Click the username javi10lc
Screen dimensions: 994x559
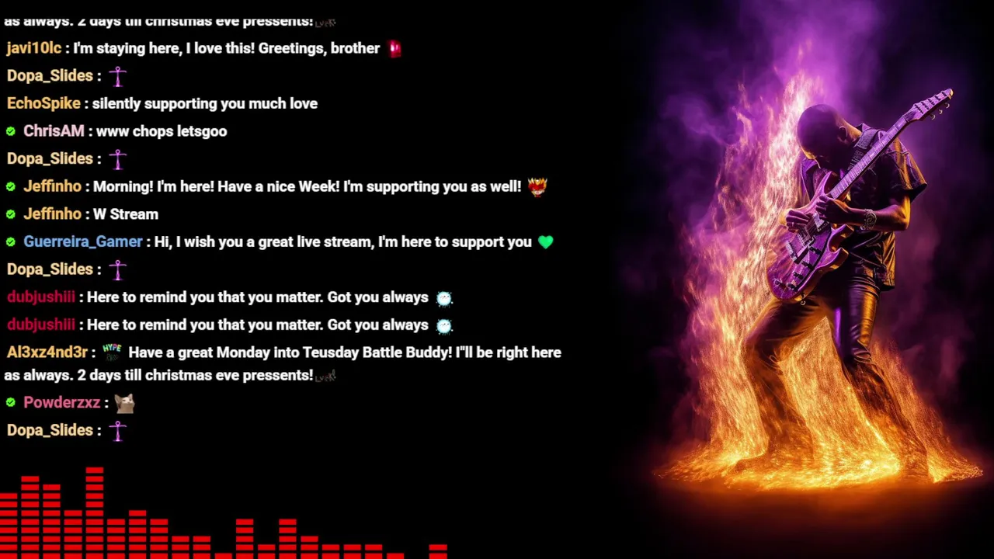point(34,48)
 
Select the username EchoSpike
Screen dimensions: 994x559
point(43,103)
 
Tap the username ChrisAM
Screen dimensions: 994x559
point(54,131)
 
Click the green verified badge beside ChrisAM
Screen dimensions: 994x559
point(11,131)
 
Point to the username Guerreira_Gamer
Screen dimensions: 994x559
point(83,241)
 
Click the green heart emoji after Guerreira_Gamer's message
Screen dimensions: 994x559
point(546,242)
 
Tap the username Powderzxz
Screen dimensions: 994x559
point(61,402)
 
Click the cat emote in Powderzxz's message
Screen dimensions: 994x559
point(125,403)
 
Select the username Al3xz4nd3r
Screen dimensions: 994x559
point(47,352)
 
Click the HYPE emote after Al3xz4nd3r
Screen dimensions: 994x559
point(112,352)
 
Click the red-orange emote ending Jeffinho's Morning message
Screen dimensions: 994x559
point(537,187)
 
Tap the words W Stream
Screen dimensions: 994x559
point(126,214)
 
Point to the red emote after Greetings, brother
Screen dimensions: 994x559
point(395,48)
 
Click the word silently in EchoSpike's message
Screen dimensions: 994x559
point(116,104)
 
